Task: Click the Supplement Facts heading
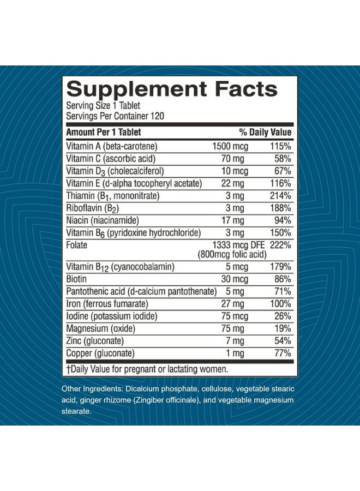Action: pos(172,89)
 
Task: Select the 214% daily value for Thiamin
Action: pos(280,196)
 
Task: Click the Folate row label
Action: pos(77,245)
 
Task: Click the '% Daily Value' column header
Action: pos(265,132)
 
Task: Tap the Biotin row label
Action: pos(77,279)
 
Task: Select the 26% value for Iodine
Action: pos(283,316)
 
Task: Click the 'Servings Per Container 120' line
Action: pos(115,116)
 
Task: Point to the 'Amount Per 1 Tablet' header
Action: pos(103,132)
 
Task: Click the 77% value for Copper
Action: pos(282,353)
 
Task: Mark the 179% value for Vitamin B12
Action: pos(280,267)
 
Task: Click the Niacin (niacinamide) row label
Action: pos(102,220)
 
